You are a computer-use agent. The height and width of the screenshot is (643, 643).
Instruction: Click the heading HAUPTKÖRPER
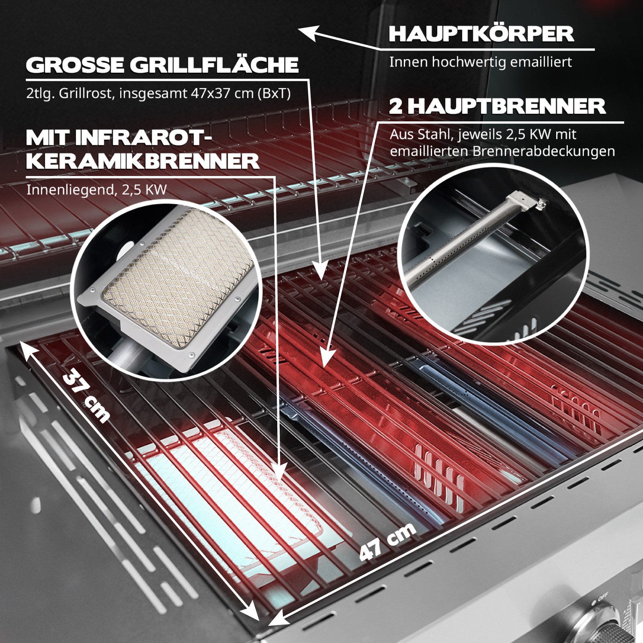[x=481, y=34]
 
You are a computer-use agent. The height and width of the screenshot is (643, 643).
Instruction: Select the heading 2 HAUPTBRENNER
[x=497, y=106]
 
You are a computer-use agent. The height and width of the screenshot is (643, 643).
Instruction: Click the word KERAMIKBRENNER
[x=143, y=162]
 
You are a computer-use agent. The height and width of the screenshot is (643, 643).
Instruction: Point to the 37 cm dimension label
[x=86, y=395]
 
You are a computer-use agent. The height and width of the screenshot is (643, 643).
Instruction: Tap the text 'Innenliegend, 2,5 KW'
[x=96, y=190]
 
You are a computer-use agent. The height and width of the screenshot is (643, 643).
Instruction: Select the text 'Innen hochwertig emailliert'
[x=480, y=62]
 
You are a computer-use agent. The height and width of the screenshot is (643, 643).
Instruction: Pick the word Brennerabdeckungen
[x=544, y=152]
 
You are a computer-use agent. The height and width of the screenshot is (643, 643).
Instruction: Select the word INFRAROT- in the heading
[x=143, y=138]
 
